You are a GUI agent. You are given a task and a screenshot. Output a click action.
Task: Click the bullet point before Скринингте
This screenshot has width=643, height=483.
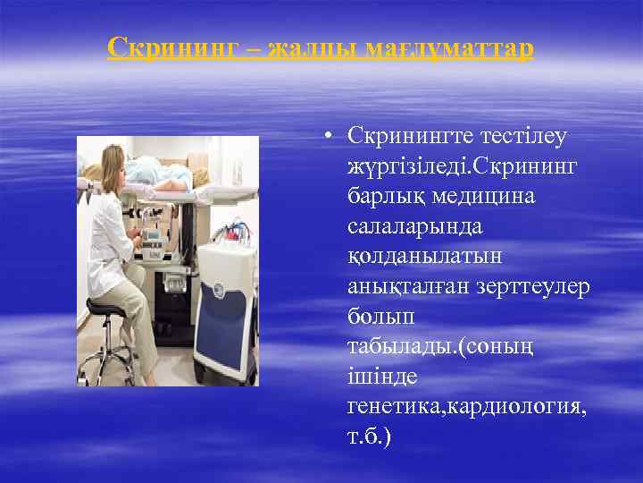point(330,137)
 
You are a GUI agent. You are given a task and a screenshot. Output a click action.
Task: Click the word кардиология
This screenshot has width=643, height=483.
point(517,409)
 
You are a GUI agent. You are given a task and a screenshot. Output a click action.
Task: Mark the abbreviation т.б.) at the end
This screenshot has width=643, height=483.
point(370,439)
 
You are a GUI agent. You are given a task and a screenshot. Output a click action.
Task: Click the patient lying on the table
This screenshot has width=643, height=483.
point(179,170)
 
